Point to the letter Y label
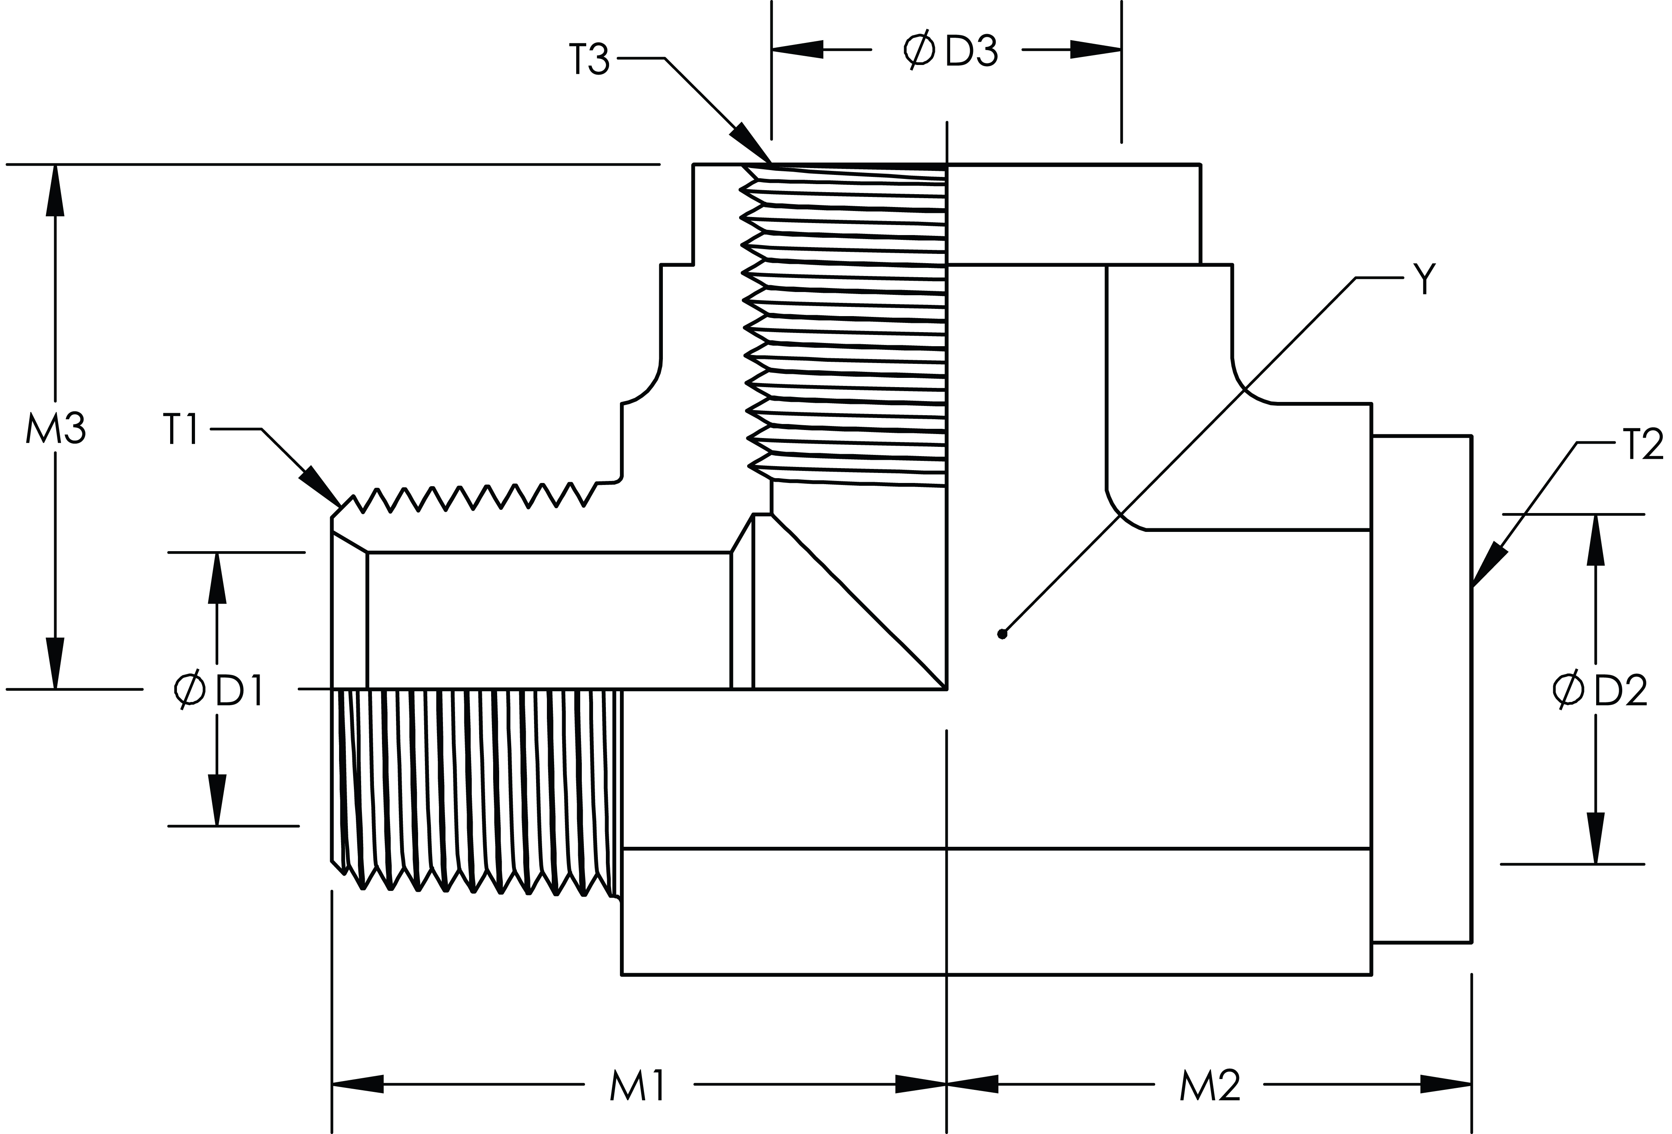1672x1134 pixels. click(1424, 279)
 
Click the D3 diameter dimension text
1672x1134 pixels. click(972, 51)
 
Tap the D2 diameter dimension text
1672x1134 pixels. click(1620, 690)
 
